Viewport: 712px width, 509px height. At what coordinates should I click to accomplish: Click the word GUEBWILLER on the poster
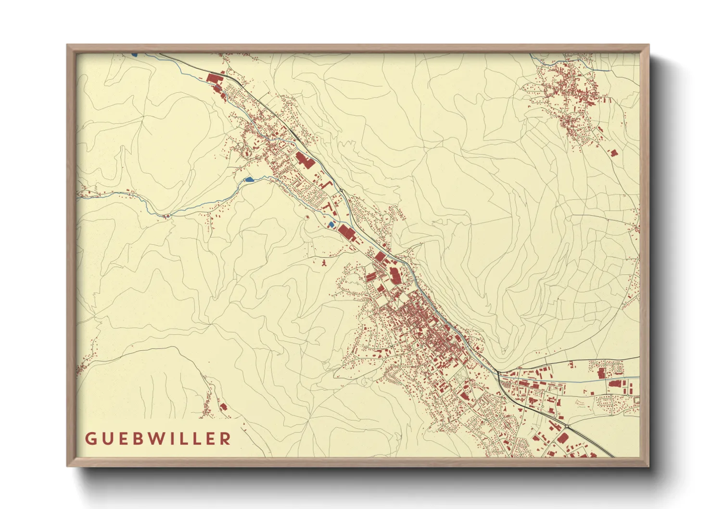[x=158, y=438]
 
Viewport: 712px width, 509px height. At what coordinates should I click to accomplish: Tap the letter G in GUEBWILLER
[x=89, y=438]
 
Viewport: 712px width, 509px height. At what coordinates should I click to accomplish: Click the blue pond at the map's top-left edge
[x=134, y=54]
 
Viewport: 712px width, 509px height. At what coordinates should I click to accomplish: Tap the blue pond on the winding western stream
[x=248, y=179]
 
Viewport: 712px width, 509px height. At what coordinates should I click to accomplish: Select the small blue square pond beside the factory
[x=331, y=225]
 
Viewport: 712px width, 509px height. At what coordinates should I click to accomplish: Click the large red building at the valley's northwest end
[x=212, y=79]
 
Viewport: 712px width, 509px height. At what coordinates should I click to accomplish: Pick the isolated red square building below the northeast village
[x=613, y=153]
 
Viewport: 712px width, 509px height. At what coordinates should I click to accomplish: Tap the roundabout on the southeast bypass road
[x=568, y=426]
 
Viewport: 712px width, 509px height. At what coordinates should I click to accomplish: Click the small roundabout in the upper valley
[x=341, y=191]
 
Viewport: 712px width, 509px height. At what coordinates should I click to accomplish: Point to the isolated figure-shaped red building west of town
[x=324, y=263]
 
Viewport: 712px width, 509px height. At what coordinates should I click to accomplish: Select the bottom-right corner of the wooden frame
[x=648, y=465]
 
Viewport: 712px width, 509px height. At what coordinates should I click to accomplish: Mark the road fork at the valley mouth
[x=498, y=372]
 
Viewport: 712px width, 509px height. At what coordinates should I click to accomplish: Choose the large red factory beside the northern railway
[x=304, y=160]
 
